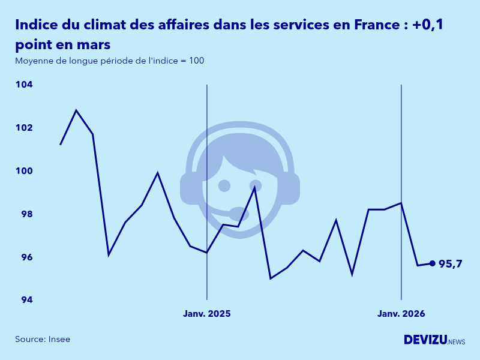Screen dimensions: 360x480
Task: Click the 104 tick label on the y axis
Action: point(24,85)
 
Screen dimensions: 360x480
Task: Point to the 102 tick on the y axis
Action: point(24,128)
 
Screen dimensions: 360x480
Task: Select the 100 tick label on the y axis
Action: point(24,171)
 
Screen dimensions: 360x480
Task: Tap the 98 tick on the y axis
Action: point(25,214)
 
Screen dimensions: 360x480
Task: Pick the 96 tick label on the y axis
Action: point(25,257)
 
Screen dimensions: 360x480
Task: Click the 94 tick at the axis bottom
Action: point(25,300)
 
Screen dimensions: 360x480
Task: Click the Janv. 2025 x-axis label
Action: point(206,314)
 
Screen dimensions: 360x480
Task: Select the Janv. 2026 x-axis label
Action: point(401,314)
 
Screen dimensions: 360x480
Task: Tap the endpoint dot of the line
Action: point(432,263)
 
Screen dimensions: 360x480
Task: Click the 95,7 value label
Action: point(450,264)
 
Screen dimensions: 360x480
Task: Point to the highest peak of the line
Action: point(76,110)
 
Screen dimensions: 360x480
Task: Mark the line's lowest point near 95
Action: point(271,278)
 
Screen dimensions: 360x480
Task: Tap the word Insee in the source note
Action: point(59,340)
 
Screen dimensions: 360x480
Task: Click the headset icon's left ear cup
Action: point(190,188)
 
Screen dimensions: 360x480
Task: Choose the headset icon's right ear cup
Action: point(289,188)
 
